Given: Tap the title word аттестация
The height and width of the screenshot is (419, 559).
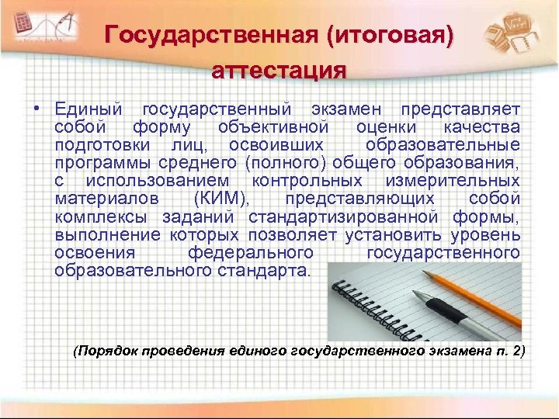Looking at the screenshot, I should pyautogui.click(x=279, y=71).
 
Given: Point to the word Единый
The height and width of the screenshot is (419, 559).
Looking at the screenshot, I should pyautogui.click(x=89, y=109).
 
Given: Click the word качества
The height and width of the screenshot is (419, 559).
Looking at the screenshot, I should pyautogui.click(x=481, y=127).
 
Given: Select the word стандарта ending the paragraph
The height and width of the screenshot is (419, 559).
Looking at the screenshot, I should pyautogui.click(x=269, y=272).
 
